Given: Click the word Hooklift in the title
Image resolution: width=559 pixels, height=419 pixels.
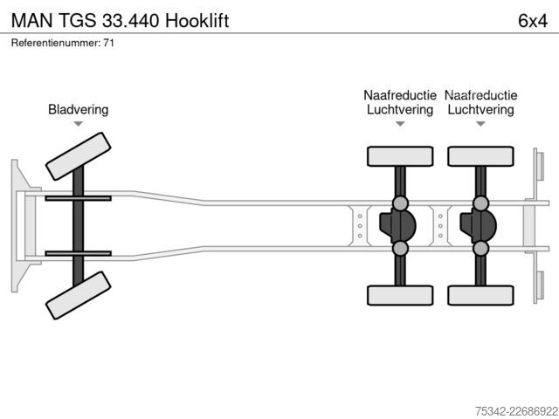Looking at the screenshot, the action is click(x=197, y=20).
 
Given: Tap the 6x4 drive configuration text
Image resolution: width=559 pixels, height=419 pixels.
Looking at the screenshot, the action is click(x=533, y=21).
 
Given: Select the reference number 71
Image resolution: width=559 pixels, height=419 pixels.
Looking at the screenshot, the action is click(x=108, y=43).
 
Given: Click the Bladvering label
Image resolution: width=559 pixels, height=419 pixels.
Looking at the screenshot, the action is click(x=78, y=109).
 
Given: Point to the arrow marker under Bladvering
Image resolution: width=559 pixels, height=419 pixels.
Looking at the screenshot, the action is click(x=78, y=124).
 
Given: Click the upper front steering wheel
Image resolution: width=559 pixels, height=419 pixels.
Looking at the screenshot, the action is click(x=78, y=156).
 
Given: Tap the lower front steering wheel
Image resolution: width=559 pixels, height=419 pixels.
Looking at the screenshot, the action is click(x=78, y=295).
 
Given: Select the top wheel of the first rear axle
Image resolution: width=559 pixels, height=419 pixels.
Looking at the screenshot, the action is click(x=400, y=156).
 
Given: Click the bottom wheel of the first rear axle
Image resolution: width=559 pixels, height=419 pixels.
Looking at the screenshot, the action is click(x=400, y=295).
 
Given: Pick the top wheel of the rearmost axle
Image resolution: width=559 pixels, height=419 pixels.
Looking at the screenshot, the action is click(x=480, y=156).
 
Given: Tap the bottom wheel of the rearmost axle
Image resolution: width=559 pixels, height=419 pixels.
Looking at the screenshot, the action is click(x=480, y=295).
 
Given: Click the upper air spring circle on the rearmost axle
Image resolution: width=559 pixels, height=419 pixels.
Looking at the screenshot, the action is click(x=480, y=203).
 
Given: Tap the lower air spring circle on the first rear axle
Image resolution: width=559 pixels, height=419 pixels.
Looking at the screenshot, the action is click(x=400, y=248).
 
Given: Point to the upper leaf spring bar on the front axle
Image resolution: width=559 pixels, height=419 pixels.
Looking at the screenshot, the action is click(x=78, y=198).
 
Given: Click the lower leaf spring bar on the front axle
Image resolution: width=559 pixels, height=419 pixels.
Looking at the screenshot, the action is click(x=78, y=254).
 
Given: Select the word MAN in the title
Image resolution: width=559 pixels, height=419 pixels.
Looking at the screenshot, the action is click(x=32, y=21).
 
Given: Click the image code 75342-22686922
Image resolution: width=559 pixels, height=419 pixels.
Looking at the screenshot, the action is click(x=516, y=411).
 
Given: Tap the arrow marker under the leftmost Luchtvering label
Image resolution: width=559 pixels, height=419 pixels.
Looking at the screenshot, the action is click(x=400, y=124).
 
